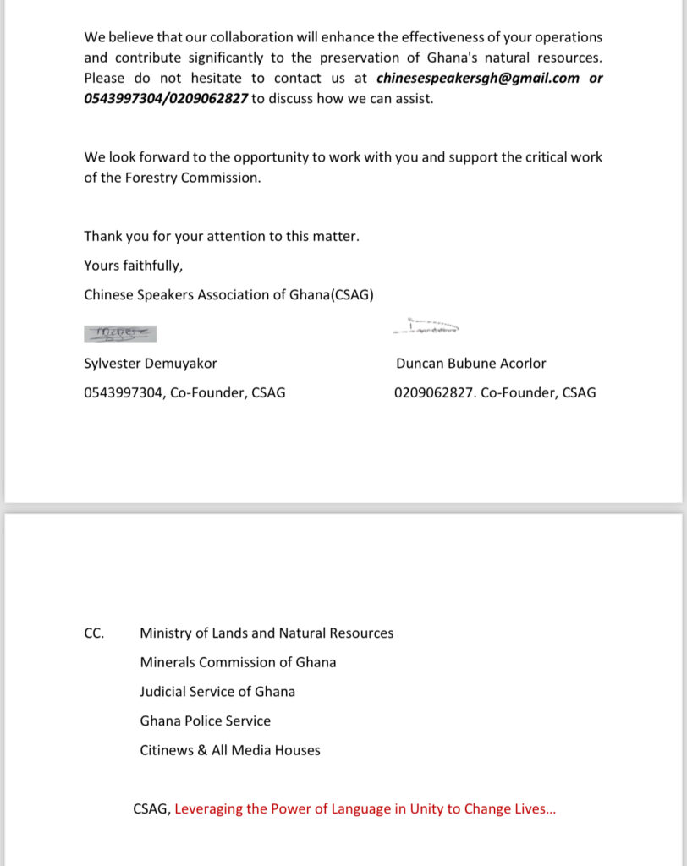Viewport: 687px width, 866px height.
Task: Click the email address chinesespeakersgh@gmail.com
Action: (478, 78)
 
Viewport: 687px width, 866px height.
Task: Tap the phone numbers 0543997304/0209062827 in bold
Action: (166, 98)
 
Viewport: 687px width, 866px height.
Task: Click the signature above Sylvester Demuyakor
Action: (120, 333)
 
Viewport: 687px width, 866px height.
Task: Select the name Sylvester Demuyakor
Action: (151, 364)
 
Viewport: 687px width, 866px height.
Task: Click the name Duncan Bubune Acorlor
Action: (470, 364)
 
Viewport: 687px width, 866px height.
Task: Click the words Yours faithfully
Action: (133, 266)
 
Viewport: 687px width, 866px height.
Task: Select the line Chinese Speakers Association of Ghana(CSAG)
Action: (228, 294)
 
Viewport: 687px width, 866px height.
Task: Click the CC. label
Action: (94, 633)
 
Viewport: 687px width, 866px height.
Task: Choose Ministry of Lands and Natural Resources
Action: (267, 633)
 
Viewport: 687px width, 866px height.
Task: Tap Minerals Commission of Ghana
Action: (238, 662)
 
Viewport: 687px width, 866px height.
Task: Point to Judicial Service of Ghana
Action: (217, 691)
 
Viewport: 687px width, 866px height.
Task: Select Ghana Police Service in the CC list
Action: (206, 721)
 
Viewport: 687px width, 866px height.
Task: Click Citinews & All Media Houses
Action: (230, 749)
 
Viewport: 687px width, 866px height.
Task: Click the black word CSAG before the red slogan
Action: (151, 808)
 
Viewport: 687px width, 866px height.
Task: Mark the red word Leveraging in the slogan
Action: (208, 808)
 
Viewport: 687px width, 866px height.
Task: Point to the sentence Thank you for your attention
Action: (222, 236)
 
